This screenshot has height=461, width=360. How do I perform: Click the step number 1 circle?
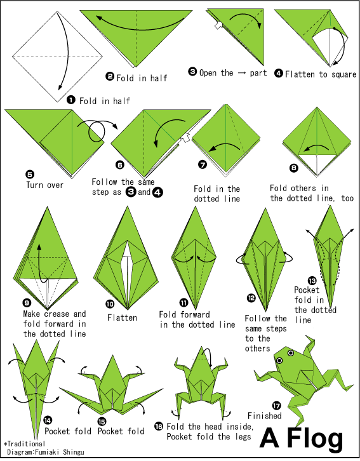coord(71,100)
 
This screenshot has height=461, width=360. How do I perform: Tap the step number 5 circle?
coord(30,175)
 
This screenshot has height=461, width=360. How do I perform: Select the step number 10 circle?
coord(110,304)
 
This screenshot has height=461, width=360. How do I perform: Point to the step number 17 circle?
coord(277,406)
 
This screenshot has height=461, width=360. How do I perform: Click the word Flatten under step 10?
coord(122,318)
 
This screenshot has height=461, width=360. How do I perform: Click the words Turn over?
coord(44,185)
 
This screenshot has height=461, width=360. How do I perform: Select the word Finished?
coord(265,416)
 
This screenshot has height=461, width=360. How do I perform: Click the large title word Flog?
coord(315,438)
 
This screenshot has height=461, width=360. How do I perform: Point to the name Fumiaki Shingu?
coord(59,452)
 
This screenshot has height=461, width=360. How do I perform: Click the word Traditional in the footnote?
coord(26,444)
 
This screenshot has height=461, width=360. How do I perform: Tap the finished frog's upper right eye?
coord(291,353)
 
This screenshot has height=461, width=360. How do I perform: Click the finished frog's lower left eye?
coord(279,361)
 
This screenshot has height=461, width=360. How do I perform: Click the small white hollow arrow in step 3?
coord(218,25)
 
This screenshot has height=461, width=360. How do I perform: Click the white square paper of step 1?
coord(57,57)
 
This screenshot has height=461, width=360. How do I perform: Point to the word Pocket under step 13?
coord(307,290)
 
